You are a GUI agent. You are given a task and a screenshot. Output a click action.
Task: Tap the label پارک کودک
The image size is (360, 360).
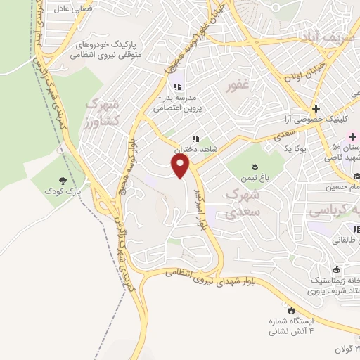pos(64,191)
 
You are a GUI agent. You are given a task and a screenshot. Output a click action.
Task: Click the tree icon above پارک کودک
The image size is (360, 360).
pos(64,181)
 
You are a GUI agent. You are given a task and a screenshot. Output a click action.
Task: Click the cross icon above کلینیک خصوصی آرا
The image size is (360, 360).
pos(316,108)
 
